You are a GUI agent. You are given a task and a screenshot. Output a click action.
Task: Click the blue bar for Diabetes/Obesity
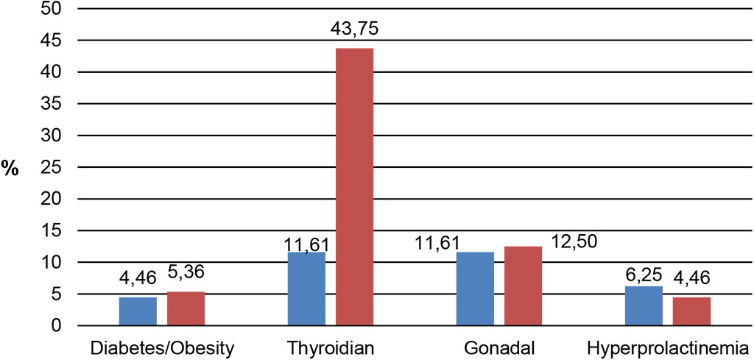coord(138,311)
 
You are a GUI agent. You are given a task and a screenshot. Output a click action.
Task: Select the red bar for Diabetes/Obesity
coord(186,308)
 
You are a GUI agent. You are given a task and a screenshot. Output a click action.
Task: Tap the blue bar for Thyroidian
coord(306,289)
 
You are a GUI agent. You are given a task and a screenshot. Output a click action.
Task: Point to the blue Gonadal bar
coord(475,289)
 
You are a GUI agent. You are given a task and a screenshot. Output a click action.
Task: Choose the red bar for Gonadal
coord(523,286)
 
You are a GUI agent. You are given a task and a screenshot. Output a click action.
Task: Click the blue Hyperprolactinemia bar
coord(644,306)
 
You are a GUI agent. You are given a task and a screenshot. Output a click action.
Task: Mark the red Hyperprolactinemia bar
coord(691,311)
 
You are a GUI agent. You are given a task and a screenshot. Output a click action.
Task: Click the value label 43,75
coord(354,31)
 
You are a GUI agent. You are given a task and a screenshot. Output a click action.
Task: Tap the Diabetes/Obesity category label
coord(161,347)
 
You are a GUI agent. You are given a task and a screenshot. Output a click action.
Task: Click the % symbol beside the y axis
coord(12,168)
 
